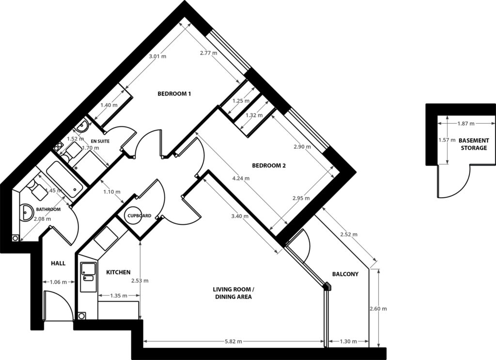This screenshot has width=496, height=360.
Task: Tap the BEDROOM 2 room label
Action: tap(269, 165)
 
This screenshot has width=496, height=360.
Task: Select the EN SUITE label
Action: tap(100, 141)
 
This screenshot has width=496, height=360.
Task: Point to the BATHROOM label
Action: tap(48, 209)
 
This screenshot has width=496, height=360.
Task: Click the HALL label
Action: tap(58, 263)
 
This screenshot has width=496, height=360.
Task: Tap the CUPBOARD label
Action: tap(139, 216)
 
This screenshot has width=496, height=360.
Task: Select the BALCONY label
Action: tap(345, 274)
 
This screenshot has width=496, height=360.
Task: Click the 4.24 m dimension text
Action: tap(241, 178)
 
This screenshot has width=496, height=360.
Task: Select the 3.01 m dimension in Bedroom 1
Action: tap(157, 56)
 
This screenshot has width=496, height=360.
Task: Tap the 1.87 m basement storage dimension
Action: tap(465, 124)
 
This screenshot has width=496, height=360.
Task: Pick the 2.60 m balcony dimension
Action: tap(378, 309)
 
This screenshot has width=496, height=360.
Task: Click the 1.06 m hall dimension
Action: tap(58, 281)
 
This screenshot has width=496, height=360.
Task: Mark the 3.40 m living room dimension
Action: tap(241, 216)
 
